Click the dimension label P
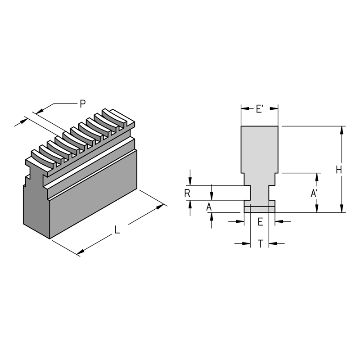pyautogui.click(x=82, y=103)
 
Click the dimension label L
pyautogui.click(x=117, y=229)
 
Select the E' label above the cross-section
pyautogui.click(x=260, y=108)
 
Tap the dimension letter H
pyautogui.click(x=339, y=170)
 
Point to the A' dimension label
pyautogui.click(x=315, y=193)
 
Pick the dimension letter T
pyautogui.click(x=260, y=243)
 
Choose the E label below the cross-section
pyautogui.click(x=260, y=221)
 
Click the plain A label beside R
pyautogui.click(x=208, y=207)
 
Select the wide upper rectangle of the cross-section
pyautogui.click(x=260, y=148)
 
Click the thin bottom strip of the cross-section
pyautogui.click(x=260, y=209)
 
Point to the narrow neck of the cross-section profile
pyautogui.click(x=260, y=193)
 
